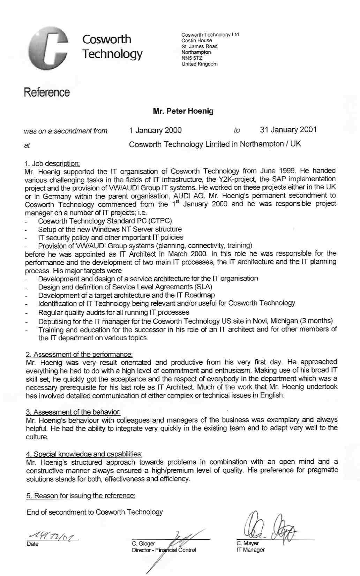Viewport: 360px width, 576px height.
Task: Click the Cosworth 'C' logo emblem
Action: [x=48, y=49]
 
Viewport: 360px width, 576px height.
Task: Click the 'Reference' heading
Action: [x=47, y=93]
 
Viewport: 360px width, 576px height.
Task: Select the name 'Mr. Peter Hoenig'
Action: [x=183, y=111]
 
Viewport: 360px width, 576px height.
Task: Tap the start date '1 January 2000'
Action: [x=155, y=130]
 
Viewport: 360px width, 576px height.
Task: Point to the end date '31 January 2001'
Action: [x=288, y=130]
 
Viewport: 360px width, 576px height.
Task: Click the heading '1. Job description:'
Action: [x=52, y=163]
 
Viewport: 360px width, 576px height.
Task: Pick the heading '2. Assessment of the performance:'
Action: [x=79, y=354]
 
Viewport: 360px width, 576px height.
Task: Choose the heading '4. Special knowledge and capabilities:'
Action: [x=84, y=454]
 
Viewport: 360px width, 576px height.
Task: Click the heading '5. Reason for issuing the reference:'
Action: [x=81, y=495]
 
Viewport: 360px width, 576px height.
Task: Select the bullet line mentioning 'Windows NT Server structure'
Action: [x=110, y=229]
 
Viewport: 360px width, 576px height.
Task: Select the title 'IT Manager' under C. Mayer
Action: [x=250, y=550]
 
